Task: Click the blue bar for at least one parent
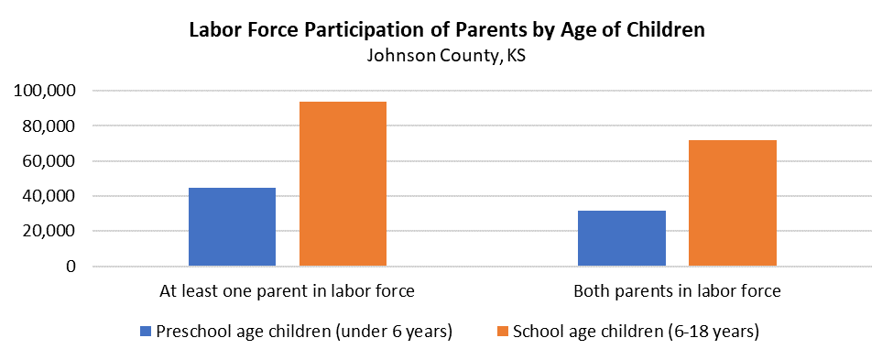tap(232, 227)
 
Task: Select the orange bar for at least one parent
tap(343, 184)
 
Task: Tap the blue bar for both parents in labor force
tap(621, 238)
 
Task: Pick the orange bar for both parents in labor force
tap(732, 203)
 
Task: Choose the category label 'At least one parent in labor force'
tap(287, 292)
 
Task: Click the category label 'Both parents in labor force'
tap(677, 292)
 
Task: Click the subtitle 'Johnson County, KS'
tap(446, 55)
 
